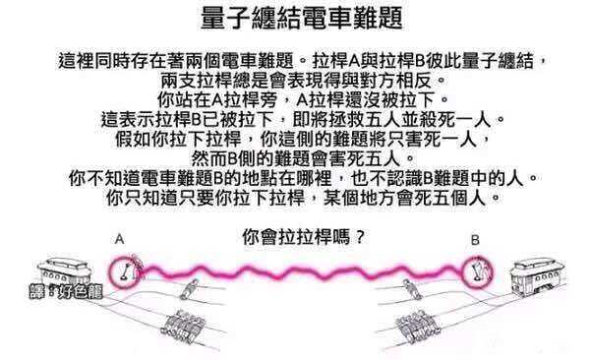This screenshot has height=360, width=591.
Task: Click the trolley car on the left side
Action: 63,270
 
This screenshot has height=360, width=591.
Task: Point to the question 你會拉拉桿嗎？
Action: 296,236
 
